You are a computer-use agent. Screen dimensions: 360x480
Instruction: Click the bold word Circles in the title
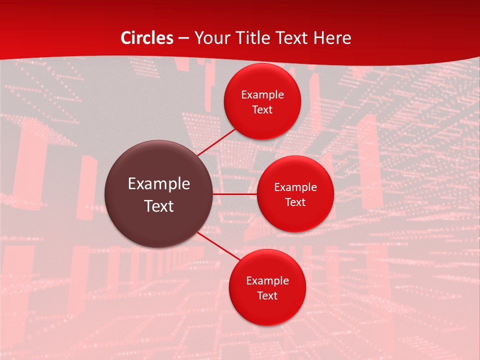[x=147, y=37]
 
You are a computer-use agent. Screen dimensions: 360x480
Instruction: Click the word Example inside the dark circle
[x=158, y=184]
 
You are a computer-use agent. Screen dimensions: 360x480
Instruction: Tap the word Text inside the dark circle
[x=158, y=206]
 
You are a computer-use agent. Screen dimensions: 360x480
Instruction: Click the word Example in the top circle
[x=262, y=95]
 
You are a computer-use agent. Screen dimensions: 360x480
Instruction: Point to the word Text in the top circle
[x=262, y=110]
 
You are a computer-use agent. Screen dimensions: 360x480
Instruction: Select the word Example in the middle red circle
[x=295, y=187]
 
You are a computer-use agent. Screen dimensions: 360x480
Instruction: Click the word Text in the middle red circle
[x=295, y=202]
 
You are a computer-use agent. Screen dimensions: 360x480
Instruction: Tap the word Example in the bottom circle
[x=267, y=281]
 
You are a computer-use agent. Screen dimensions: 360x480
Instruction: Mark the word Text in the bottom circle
[x=267, y=296]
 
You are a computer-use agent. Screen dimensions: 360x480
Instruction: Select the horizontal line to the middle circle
[x=235, y=194]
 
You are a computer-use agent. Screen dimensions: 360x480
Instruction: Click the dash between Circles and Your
[x=183, y=38]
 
